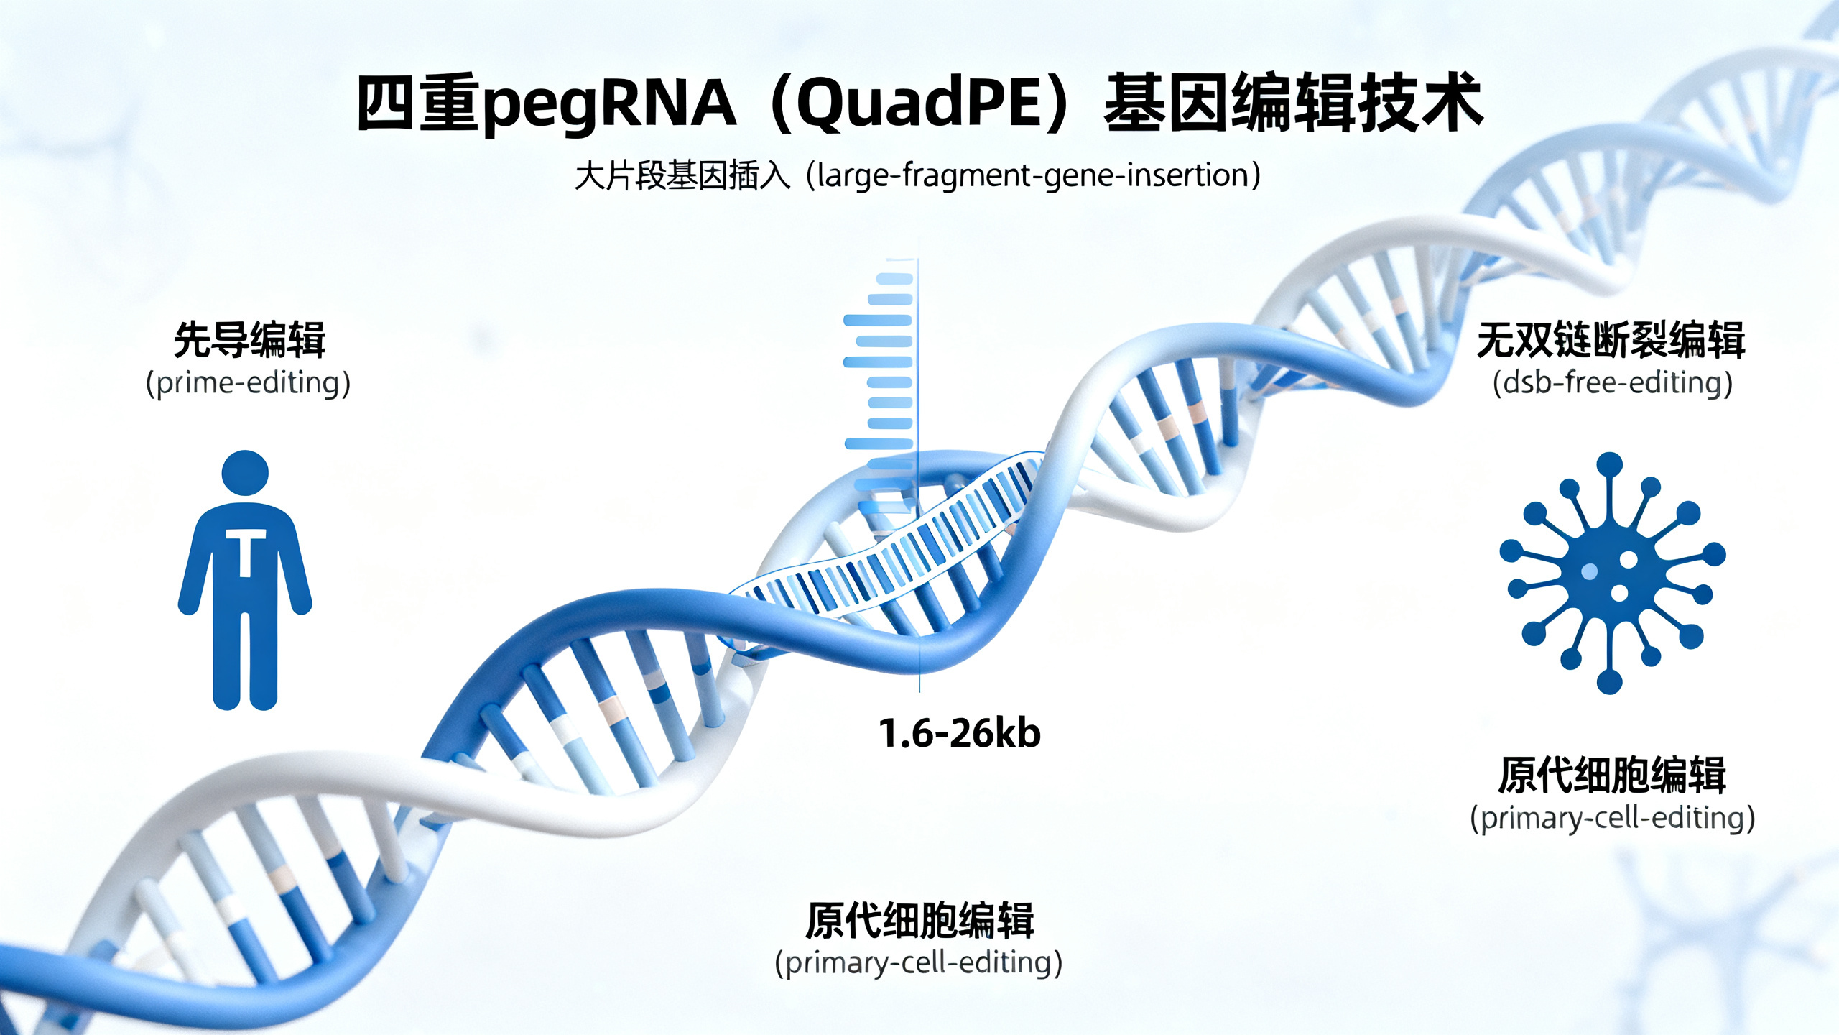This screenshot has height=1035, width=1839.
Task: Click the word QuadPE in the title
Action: tap(919, 104)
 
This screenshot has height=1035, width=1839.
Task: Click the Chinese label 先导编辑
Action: tap(249, 340)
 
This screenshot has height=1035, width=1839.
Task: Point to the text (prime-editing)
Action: tap(248, 383)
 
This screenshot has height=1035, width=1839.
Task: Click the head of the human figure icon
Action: tap(245, 473)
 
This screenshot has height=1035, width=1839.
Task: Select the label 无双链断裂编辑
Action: tap(1611, 340)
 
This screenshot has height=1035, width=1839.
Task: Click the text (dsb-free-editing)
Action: tap(1612, 383)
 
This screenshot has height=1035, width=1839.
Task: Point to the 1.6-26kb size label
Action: tap(960, 734)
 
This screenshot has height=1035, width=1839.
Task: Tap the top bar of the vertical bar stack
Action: tap(895, 279)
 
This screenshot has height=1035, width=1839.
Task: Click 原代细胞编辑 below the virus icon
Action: tap(1611, 776)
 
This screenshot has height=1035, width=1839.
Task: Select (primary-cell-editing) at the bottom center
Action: tap(918, 962)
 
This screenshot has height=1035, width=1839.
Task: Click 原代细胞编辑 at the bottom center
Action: tap(919, 921)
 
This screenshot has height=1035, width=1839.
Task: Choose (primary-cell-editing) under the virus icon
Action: tap(1612, 819)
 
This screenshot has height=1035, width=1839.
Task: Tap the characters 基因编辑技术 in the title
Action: tap(1293, 104)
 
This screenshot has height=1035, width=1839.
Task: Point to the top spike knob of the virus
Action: tap(1609, 464)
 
